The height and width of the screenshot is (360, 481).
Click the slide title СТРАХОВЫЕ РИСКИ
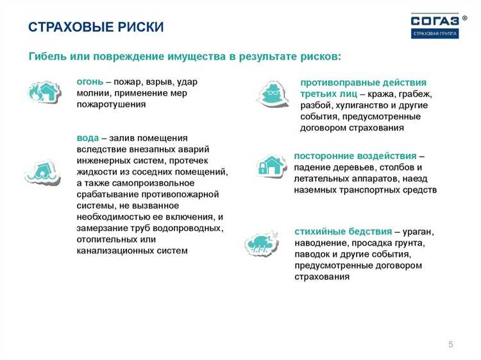pyautogui.click(x=96, y=27)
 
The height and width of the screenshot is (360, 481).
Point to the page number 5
pyautogui.click(x=450, y=345)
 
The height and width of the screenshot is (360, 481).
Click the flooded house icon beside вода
pyautogui.click(x=42, y=171)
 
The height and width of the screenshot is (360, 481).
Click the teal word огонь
pyautogui.click(x=90, y=81)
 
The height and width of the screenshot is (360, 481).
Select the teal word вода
pyautogui.click(x=87, y=138)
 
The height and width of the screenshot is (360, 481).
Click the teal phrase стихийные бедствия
pyautogui.click(x=343, y=231)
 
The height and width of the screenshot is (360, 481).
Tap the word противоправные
pyautogui.click(x=335, y=83)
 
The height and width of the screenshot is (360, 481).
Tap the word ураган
pyautogui.click(x=418, y=231)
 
